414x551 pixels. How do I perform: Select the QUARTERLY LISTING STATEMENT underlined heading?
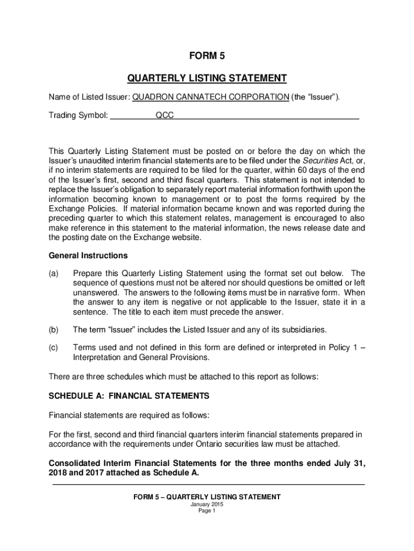[206, 79]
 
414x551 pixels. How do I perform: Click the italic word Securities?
[320, 161]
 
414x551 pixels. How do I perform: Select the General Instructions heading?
[88, 255]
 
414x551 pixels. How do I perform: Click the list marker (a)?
[54, 273]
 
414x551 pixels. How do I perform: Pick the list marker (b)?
[54, 329]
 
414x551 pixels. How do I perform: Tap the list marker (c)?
[54, 348]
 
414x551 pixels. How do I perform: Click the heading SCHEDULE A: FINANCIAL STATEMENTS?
[129, 396]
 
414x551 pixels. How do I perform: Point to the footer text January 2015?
[206, 505]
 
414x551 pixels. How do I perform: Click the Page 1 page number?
[206, 511]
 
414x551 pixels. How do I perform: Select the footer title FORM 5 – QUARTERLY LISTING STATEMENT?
[206, 497]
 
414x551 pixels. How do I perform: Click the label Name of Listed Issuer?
[89, 97]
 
